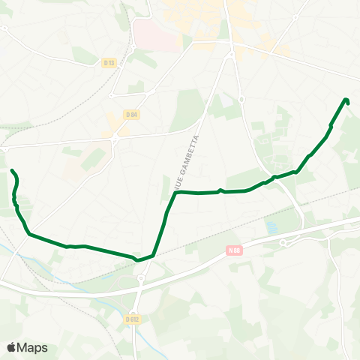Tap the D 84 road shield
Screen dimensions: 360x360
[x=132, y=114]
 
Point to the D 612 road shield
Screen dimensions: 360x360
[x=133, y=319]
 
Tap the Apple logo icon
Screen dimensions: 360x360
[x=11, y=347]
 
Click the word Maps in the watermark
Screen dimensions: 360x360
[x=33, y=347]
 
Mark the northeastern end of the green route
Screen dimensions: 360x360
[x=346, y=100]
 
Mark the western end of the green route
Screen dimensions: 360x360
[x=12, y=172]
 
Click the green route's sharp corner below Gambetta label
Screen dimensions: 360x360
[x=175, y=193]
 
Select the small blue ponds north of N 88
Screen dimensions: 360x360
[x=271, y=226]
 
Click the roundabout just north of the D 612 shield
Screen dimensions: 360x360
[x=140, y=279]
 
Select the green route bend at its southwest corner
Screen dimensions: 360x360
[x=29, y=234]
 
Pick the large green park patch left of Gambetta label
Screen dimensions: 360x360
[x=187, y=112]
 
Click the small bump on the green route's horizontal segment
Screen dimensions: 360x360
[x=219, y=190]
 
